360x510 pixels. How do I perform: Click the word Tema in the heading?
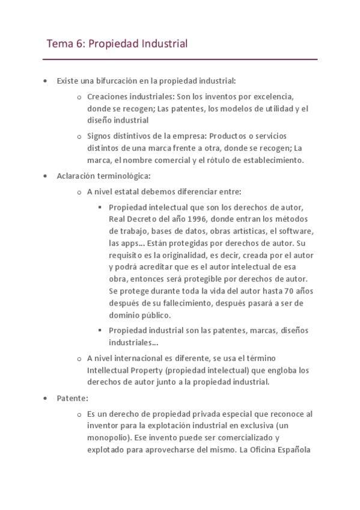pos(59,44)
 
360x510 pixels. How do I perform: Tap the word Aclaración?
pos(79,176)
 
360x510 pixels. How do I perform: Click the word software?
pos(295,231)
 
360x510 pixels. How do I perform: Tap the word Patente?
pos(73,398)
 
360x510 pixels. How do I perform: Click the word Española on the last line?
pos(291,449)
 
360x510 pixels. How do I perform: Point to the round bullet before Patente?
pos(45,398)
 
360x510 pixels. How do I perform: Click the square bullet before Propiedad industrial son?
pos(99,330)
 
